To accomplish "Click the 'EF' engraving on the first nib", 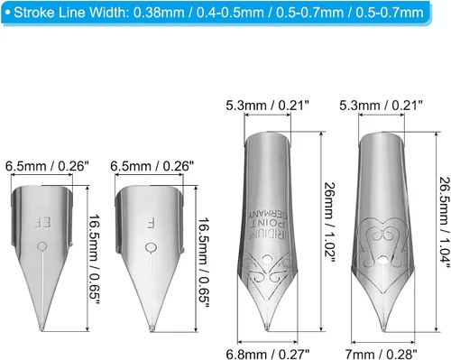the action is point(42,223).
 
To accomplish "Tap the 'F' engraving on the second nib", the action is point(151,223).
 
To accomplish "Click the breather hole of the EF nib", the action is point(42,247).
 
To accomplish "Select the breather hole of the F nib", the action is point(151,248).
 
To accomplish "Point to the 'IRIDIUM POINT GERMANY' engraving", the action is point(268,223).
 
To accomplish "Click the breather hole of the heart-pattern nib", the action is point(382,260).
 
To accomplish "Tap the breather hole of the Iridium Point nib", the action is point(266,259).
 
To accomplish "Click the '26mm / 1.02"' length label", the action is point(329,223).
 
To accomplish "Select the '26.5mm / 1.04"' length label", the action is point(445,222).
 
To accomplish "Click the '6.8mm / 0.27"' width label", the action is point(268,354).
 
